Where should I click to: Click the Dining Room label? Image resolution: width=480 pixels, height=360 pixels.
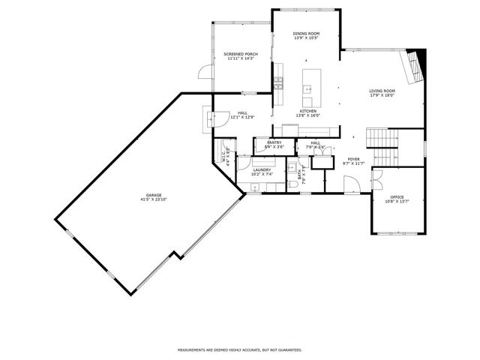click(306, 33)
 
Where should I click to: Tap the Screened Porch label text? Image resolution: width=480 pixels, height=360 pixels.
click(241, 54)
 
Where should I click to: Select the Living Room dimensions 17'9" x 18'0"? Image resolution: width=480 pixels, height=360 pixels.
click(382, 96)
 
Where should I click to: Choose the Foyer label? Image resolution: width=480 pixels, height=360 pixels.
click(353, 159)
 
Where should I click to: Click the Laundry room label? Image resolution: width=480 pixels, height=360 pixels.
click(262, 170)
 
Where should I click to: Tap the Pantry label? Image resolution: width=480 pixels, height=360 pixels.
click(274, 142)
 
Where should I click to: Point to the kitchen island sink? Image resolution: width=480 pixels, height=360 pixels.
click(307, 88)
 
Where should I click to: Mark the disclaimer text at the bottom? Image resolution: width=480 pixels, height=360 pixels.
click(239, 349)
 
